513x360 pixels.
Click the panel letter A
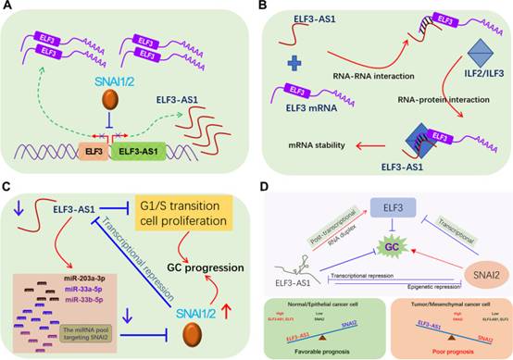(x=7, y=8)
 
